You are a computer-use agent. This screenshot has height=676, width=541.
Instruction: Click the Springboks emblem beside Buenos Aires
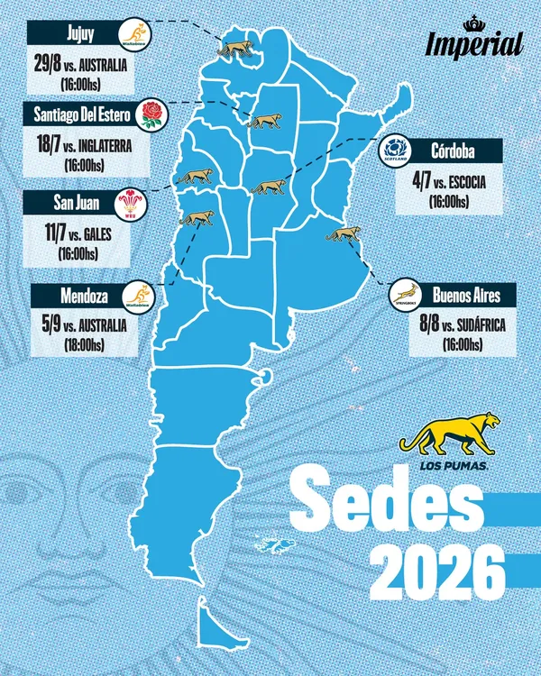tap(406, 295)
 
